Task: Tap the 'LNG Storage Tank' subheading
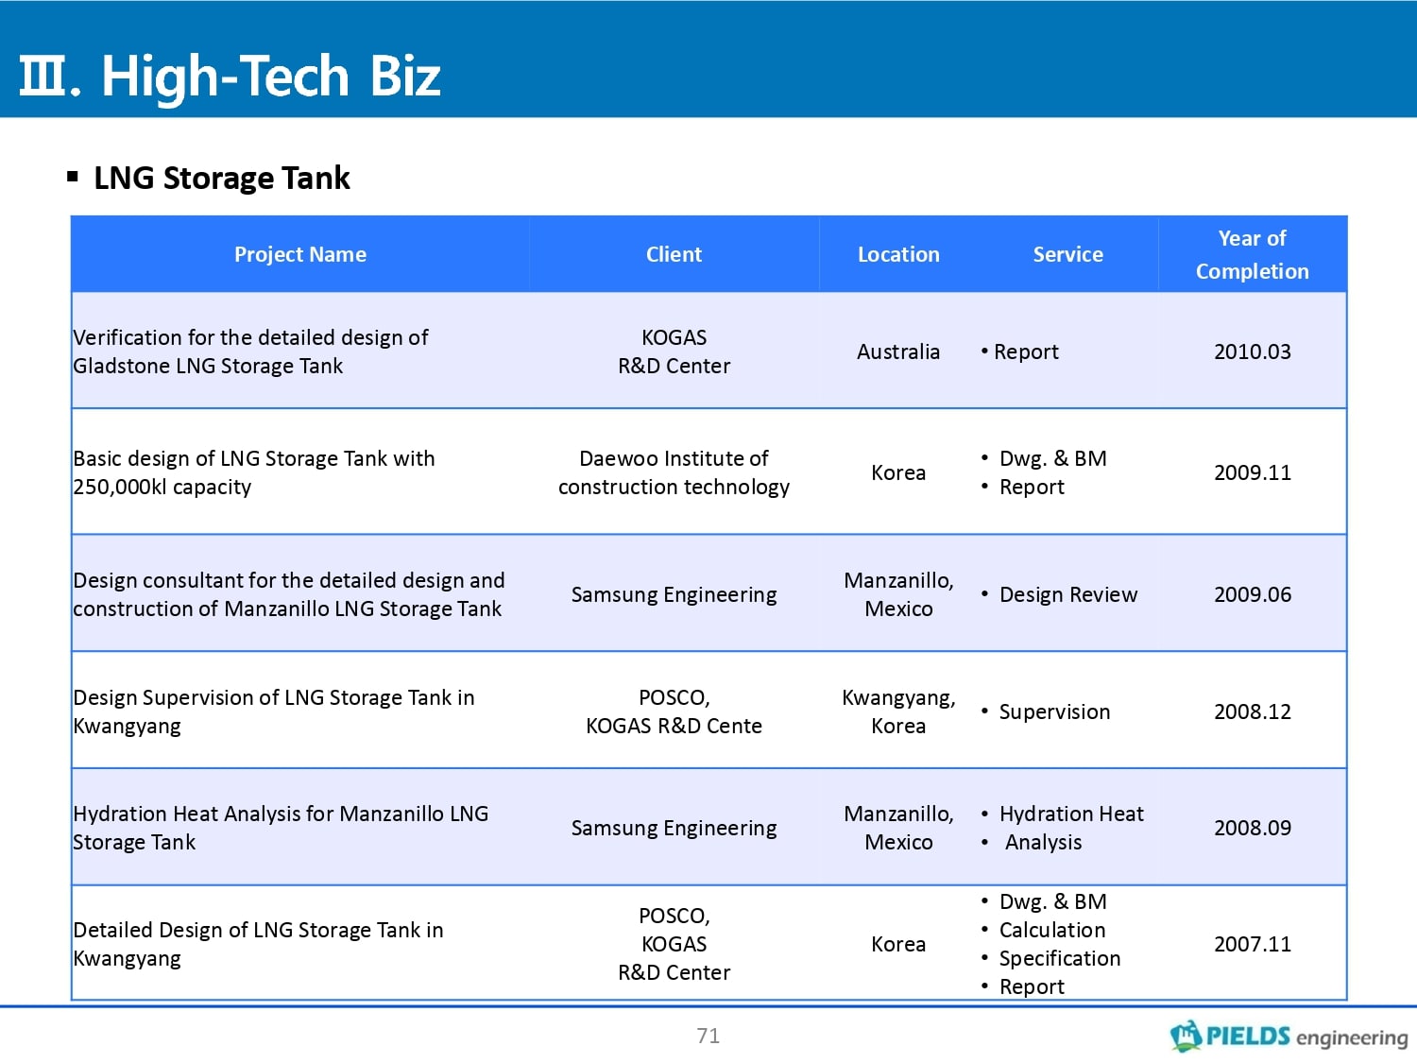[221, 178]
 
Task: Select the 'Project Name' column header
[300, 254]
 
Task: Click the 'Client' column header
[674, 254]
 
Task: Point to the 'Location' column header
[898, 254]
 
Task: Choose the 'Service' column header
[1067, 254]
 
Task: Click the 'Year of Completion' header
[1253, 254]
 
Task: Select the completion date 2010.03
[1253, 351]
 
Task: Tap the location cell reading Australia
[898, 351]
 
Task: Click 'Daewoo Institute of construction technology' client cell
[674, 472]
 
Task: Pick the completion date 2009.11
[1253, 472]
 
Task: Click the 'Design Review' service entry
[1067, 594]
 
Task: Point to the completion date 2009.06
[1253, 594]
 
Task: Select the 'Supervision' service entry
[1054, 712]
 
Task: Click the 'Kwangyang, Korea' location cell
[898, 712]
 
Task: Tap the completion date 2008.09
[1253, 828]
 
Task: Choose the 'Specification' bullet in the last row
[1059, 958]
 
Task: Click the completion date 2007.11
[1253, 944]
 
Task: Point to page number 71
[708, 1036]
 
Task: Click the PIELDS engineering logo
[1289, 1036]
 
